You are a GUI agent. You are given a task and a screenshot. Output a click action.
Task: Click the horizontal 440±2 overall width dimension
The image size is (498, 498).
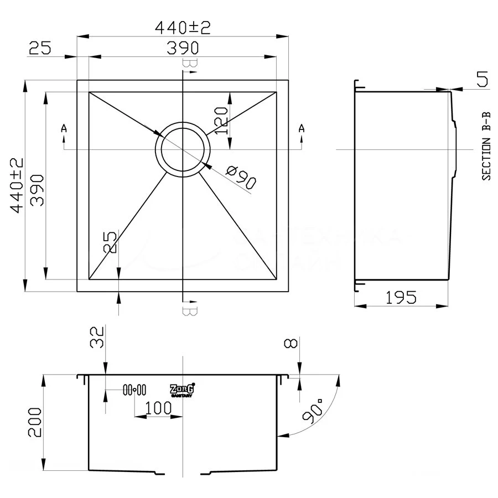pyautogui.click(x=183, y=27)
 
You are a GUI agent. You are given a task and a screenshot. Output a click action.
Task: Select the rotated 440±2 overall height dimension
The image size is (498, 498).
pyautogui.click(x=16, y=185)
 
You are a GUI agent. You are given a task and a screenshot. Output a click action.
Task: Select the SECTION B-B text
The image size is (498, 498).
pyautogui.click(x=486, y=146)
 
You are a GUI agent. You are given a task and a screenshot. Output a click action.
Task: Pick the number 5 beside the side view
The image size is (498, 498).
pyautogui.click(x=482, y=81)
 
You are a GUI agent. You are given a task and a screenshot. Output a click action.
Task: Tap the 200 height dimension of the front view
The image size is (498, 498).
pyautogui.click(x=34, y=423)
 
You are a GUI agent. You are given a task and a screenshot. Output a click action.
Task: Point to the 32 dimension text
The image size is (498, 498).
pyautogui.click(x=97, y=336)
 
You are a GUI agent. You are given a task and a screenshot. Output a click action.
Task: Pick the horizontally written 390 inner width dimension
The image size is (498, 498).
pyautogui.click(x=183, y=49)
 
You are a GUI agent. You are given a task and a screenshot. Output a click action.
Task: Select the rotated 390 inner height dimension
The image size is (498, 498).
pyautogui.click(x=37, y=185)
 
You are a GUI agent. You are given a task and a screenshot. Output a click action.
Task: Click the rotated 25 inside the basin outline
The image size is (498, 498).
pyautogui.click(x=110, y=242)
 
